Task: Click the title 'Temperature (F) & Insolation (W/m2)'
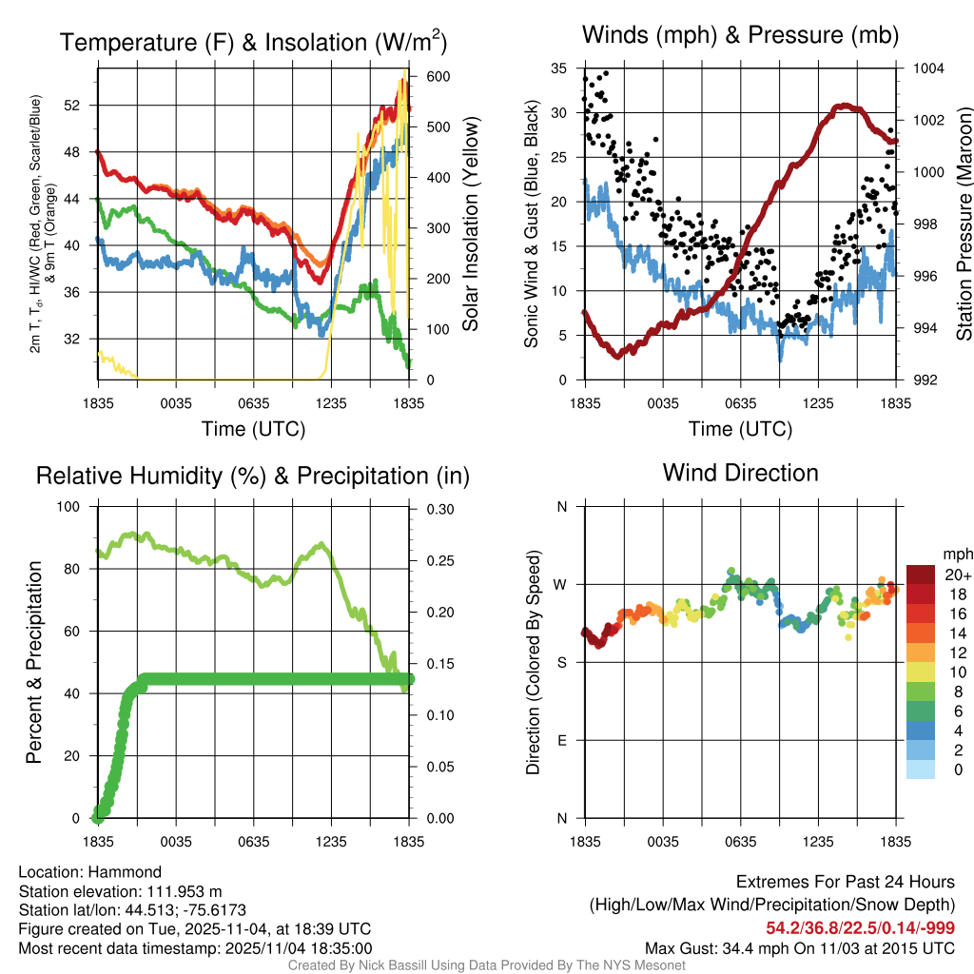[253, 43]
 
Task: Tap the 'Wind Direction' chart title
[740, 473]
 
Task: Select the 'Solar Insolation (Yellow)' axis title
[471, 224]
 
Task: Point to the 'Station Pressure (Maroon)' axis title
[964, 224]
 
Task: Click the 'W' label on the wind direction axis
[561, 584]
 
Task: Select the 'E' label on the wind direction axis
[561, 740]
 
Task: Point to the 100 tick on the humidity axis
[71, 507]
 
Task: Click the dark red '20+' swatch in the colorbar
[921, 575]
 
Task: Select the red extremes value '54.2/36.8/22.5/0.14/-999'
[860, 928]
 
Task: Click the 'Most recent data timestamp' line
[195, 947]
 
